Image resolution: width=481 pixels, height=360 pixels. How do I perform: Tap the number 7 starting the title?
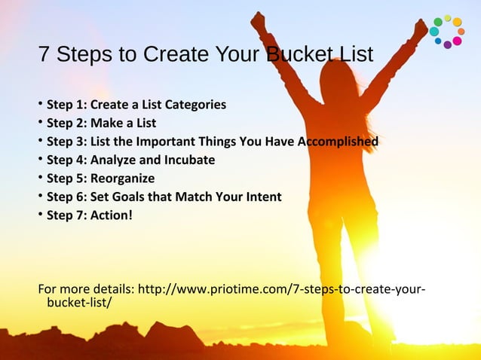(x=44, y=56)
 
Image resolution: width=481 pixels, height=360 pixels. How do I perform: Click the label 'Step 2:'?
(x=67, y=123)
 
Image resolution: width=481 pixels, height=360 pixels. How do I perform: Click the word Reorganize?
(x=123, y=178)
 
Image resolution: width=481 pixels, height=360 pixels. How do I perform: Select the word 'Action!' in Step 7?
(x=112, y=215)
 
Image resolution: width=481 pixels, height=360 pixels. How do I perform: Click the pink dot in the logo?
(x=457, y=41)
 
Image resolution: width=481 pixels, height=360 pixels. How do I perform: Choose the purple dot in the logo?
(x=447, y=45)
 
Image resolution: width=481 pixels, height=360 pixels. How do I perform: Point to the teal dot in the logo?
(x=435, y=32)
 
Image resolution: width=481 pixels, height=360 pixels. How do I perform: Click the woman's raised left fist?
(x=259, y=20)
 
